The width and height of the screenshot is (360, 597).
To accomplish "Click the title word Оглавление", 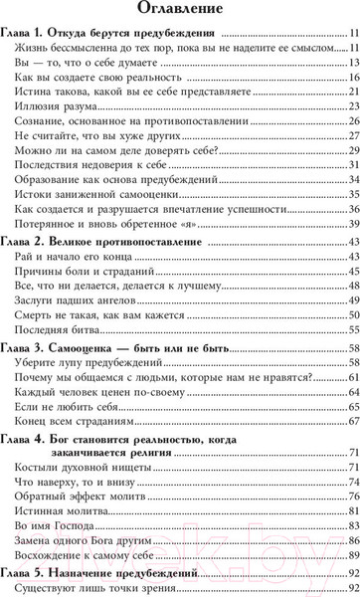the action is [x=179, y=13].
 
